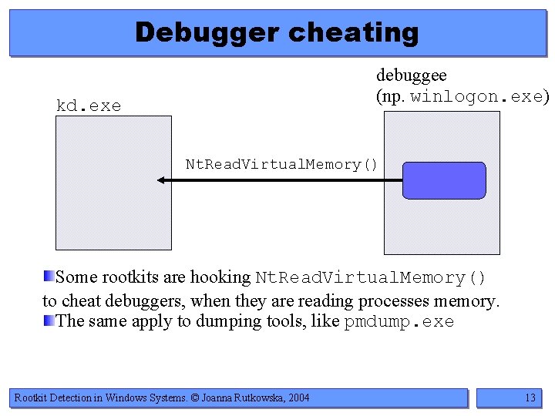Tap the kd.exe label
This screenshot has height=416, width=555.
click(x=89, y=106)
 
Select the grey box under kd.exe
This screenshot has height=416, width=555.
click(x=113, y=183)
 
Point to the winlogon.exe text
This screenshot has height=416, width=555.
click(x=476, y=97)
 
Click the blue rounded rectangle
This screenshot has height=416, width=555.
click(x=445, y=180)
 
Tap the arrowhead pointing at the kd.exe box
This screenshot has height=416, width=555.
click(x=162, y=180)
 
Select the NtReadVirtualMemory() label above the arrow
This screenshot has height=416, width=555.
click(x=281, y=164)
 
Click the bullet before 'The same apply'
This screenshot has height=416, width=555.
click(x=49, y=320)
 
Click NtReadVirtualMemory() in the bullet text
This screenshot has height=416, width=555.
click(x=371, y=277)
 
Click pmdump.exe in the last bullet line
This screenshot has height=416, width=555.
click(x=399, y=321)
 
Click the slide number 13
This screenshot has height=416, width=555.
click(x=530, y=398)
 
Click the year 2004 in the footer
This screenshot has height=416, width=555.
click(x=297, y=398)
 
